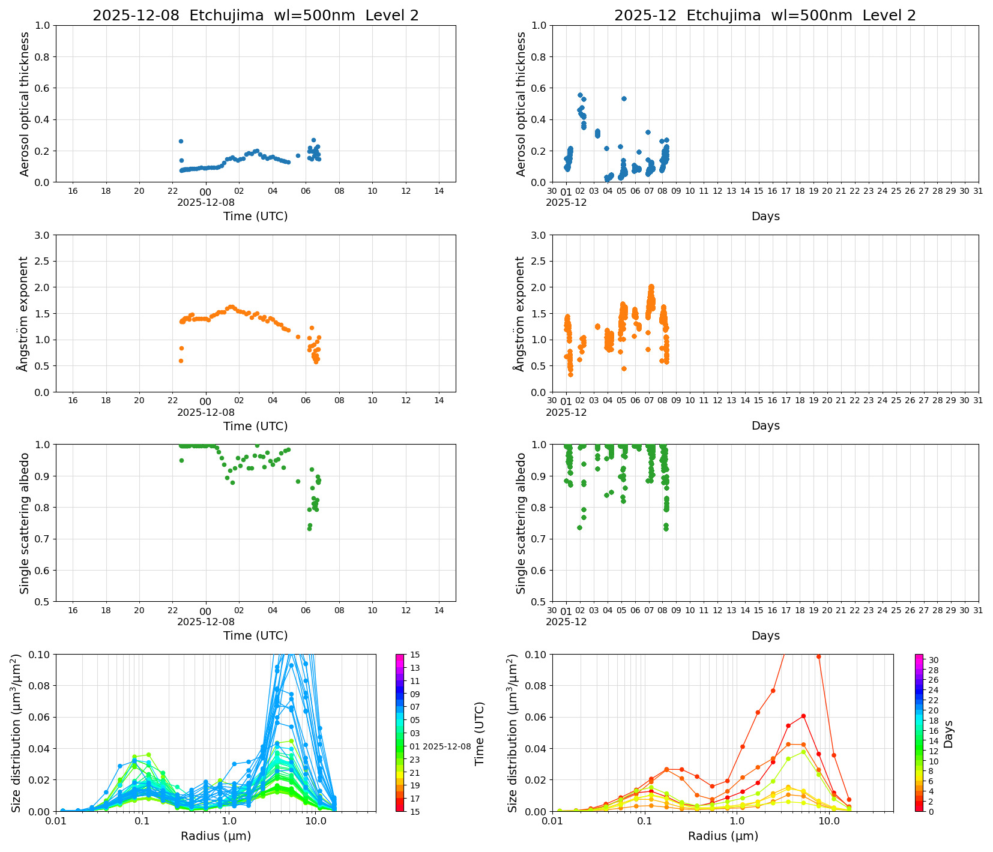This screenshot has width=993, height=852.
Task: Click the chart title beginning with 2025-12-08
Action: coord(255,16)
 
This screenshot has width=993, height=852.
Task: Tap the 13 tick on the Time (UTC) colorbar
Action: coord(415,668)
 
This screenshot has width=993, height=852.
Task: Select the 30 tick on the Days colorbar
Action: coord(933,660)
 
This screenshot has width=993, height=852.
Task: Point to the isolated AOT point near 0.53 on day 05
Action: coord(624,98)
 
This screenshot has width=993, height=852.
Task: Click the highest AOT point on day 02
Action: coord(580,95)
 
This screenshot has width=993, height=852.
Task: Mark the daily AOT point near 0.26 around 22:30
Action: coord(181,141)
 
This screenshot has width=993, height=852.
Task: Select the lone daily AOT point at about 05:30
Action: coord(298,155)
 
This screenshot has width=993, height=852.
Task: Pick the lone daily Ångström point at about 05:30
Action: coord(298,337)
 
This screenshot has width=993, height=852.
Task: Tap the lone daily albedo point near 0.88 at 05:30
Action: coord(298,481)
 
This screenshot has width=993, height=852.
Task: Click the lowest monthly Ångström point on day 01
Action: coord(570,374)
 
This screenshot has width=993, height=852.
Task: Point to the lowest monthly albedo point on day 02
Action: coord(579,528)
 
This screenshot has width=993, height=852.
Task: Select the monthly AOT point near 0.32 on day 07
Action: coord(648,132)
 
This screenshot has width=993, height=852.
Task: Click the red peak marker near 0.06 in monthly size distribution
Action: coord(803,716)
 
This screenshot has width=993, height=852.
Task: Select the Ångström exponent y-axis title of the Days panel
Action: coord(520,313)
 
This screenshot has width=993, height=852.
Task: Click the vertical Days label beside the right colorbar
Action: coord(949,733)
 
